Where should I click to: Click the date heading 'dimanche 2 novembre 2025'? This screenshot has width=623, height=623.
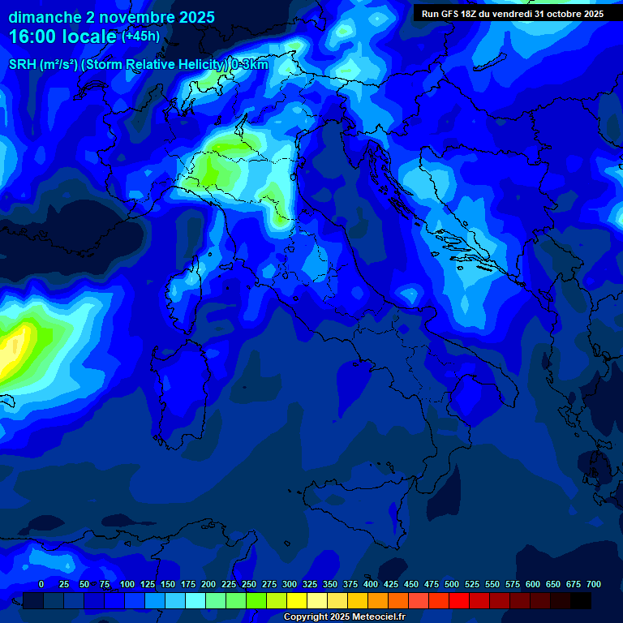click(x=111, y=17)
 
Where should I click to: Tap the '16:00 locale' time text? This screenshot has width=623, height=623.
click(x=63, y=37)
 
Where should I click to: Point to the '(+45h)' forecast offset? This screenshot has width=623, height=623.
click(x=140, y=37)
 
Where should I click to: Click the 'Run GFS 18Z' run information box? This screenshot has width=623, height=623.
click(x=513, y=14)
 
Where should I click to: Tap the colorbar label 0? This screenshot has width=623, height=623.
click(x=41, y=584)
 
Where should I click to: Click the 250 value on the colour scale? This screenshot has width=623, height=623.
click(x=249, y=584)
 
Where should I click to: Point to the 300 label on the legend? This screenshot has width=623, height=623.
click(x=290, y=584)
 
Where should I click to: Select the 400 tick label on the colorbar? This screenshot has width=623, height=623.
click(x=371, y=584)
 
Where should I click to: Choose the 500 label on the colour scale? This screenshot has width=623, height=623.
click(x=452, y=584)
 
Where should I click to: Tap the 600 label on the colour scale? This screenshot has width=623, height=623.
click(x=533, y=584)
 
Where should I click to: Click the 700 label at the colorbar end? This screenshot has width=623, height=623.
click(x=594, y=584)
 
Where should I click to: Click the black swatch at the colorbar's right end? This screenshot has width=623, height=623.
click(x=581, y=600)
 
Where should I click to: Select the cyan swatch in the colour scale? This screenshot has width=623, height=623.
click(x=195, y=600)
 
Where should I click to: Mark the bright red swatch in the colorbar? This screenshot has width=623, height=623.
click(x=459, y=600)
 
